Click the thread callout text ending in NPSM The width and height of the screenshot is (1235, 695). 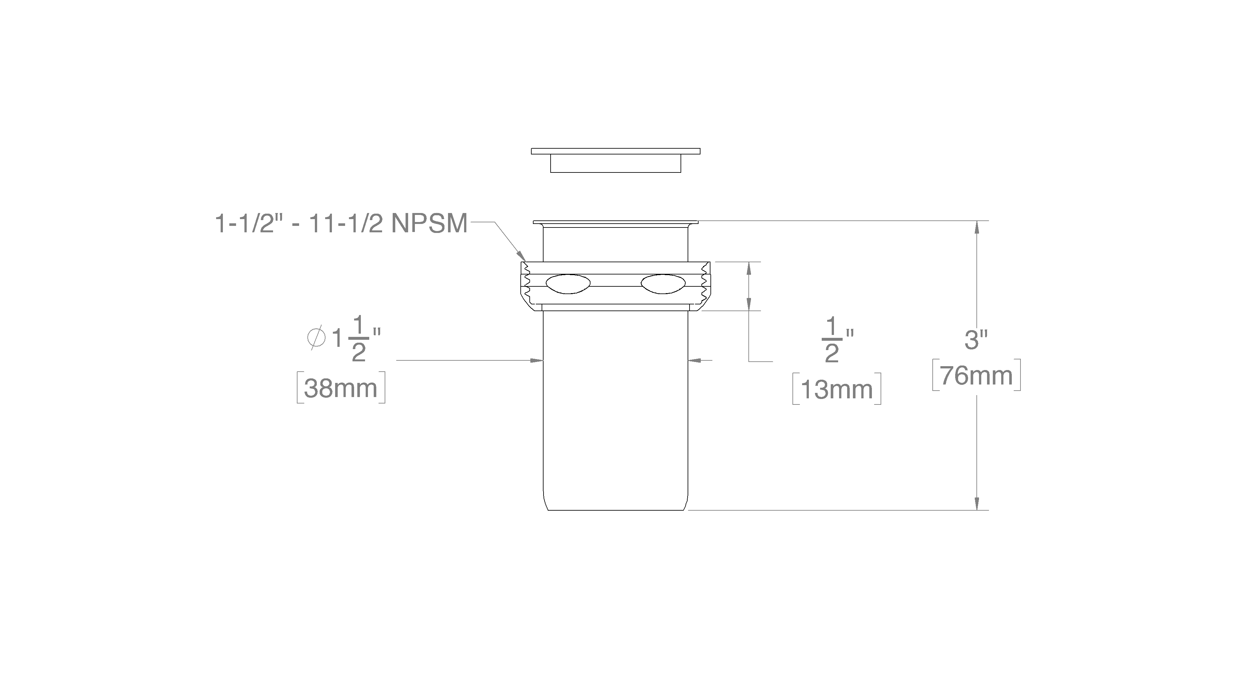341,224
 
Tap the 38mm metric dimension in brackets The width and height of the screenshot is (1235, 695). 341,387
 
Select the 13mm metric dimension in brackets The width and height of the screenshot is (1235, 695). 837,389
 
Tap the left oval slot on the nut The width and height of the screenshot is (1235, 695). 568,284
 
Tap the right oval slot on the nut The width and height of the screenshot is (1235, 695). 663,284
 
